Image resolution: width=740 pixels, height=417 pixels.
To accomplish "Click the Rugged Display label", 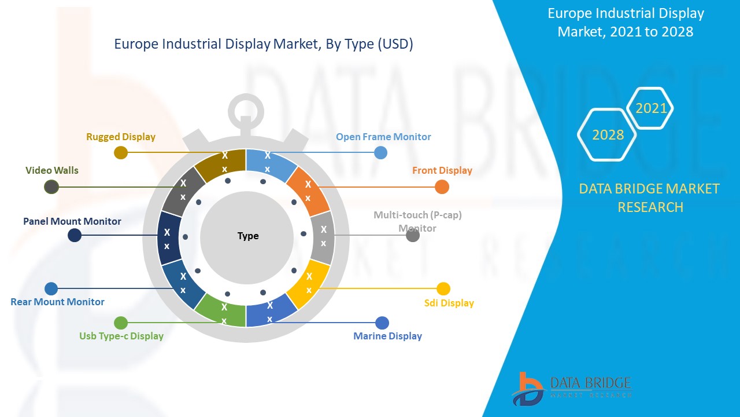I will coord(121,137).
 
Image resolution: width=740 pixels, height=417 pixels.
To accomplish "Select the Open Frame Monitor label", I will coord(383,137).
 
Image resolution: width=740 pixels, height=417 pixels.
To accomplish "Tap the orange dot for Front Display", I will coord(442,186).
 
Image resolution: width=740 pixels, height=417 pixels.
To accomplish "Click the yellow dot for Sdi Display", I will coord(443,288).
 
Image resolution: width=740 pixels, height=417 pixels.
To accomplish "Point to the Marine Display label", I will coord(387,336).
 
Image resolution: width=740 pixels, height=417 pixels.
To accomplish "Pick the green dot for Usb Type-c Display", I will coord(121,323).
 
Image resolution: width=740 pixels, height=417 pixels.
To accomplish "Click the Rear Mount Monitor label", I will coord(57,302).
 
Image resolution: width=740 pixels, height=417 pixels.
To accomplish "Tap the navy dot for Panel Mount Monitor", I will coord(75,235).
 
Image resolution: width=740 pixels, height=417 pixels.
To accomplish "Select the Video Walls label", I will coord(52,170).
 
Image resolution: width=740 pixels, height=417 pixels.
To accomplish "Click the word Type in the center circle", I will coord(248,236).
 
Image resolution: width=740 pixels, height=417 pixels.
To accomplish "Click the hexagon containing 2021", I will coord(651,108).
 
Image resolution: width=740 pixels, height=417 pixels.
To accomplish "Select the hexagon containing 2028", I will coord(608,135).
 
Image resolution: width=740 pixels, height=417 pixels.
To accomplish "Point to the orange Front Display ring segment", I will coord(308,191).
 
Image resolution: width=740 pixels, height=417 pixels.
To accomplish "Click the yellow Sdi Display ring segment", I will coord(309,283).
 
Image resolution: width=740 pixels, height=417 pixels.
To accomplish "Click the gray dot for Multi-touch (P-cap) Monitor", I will coord(413,235).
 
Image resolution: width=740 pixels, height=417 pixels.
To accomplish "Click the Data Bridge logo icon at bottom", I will coord(527,389).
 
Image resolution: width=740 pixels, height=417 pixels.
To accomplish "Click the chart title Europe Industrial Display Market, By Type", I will coord(264,45).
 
